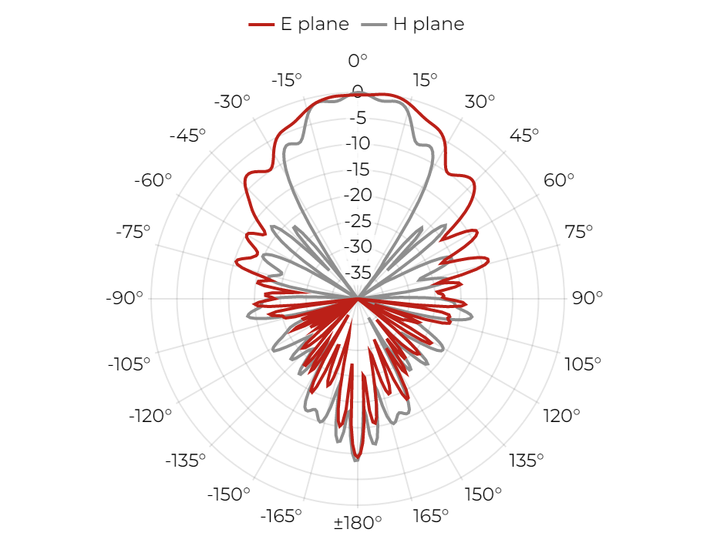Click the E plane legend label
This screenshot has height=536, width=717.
[315, 24]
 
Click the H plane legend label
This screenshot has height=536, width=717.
[429, 24]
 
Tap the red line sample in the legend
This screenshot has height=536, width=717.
[261, 25]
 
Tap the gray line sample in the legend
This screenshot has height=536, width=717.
[374, 25]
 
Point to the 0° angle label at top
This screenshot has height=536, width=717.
[358, 60]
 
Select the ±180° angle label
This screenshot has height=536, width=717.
[358, 522]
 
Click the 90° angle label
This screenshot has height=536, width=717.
[587, 298]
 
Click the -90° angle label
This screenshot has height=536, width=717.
[124, 298]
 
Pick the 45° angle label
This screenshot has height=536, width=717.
[524, 136]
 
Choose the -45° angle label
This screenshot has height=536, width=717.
[187, 136]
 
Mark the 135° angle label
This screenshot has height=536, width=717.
[527, 461]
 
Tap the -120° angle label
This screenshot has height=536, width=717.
[150, 416]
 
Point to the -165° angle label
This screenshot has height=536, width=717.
[281, 516]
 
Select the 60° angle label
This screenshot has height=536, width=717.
[559, 180]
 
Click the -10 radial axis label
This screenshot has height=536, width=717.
[358, 143]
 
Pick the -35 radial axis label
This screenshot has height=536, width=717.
[358, 273]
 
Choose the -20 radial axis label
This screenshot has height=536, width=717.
[358, 195]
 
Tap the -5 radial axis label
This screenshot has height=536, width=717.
[358, 118]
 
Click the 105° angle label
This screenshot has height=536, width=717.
[583, 364]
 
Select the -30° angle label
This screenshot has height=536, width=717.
[232, 102]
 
